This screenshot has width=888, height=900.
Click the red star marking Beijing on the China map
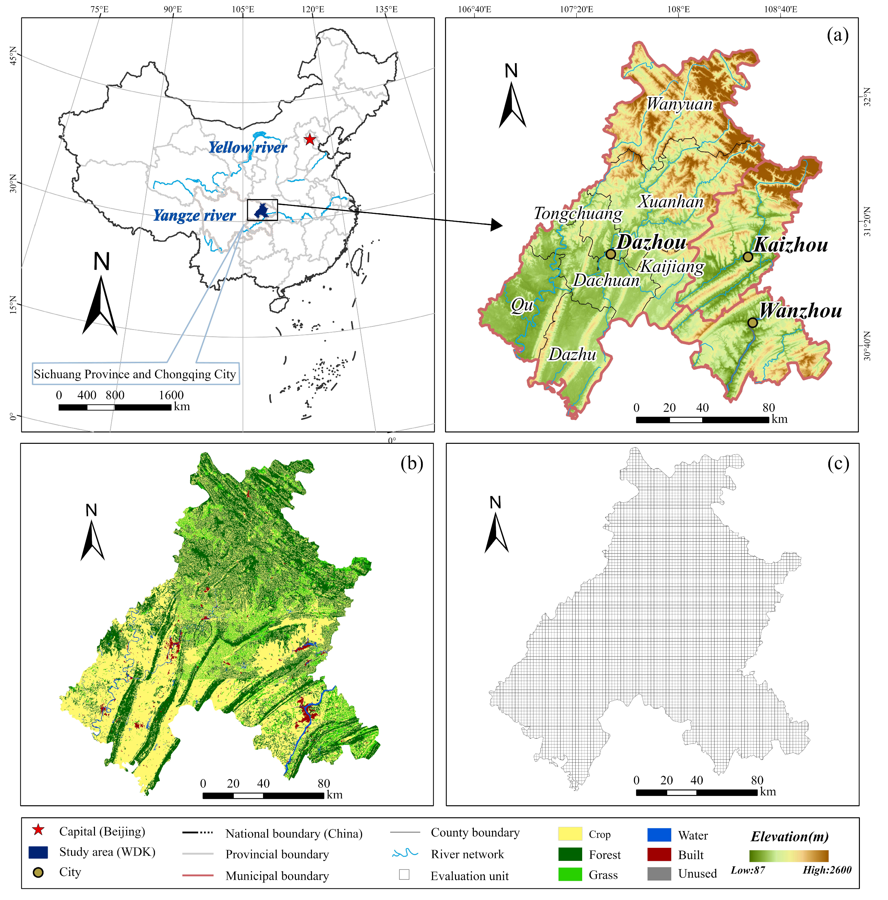point(310,139)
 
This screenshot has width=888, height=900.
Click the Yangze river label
point(194,216)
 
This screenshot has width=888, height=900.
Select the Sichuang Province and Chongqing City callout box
point(135,374)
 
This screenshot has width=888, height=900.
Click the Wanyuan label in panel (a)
point(679,104)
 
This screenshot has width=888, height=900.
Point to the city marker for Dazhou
point(611,254)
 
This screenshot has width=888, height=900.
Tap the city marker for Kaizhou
point(748,257)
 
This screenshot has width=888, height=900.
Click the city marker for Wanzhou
point(753,322)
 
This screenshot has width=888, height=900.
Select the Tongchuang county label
point(578,214)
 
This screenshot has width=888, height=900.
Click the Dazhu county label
point(572,355)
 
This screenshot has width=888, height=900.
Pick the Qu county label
point(522,305)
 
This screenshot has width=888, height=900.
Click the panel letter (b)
point(411,463)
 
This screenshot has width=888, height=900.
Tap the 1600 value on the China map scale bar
point(171,395)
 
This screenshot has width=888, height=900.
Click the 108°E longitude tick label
point(678,9)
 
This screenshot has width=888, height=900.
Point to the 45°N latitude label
point(13,56)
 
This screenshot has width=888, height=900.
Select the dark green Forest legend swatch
point(570,854)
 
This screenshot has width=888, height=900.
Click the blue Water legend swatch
point(659,835)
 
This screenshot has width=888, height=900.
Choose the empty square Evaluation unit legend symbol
point(404,874)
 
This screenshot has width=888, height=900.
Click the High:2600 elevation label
point(827,870)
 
